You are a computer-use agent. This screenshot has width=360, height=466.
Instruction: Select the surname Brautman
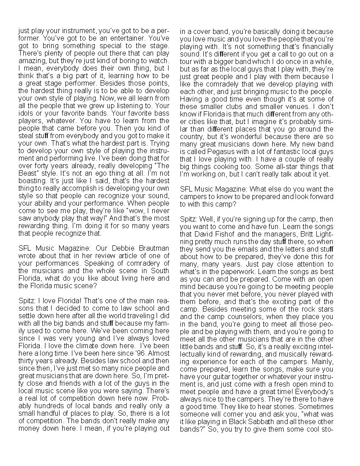tap(153, 248)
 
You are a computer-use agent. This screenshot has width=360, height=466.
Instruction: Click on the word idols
tap(26, 112)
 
